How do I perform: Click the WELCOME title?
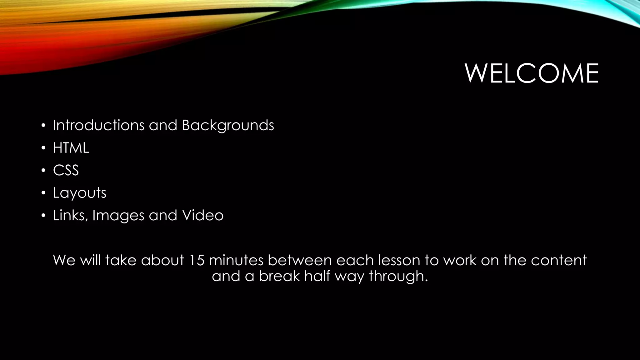point(532,73)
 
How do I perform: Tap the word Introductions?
point(98,125)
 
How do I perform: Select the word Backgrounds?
point(228,125)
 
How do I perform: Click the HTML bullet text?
point(71,148)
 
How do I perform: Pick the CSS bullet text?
point(66,170)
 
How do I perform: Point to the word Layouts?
point(80,193)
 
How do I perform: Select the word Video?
point(203,215)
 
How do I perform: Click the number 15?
point(197,260)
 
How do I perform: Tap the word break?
point(279,276)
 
